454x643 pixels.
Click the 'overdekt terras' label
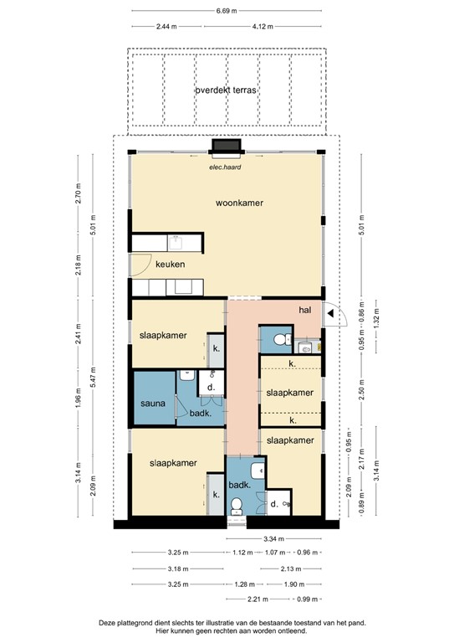[x=226, y=90]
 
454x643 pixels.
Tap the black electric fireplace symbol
[x=226, y=147]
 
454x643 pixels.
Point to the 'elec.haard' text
[x=225, y=166]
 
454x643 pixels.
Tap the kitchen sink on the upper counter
[x=177, y=244]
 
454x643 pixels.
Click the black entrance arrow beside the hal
[x=333, y=315]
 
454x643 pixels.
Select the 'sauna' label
[x=152, y=404]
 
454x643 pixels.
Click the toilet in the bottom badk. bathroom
[x=238, y=504]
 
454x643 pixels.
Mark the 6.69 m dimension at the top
[x=226, y=11]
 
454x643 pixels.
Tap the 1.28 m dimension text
[x=242, y=584]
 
